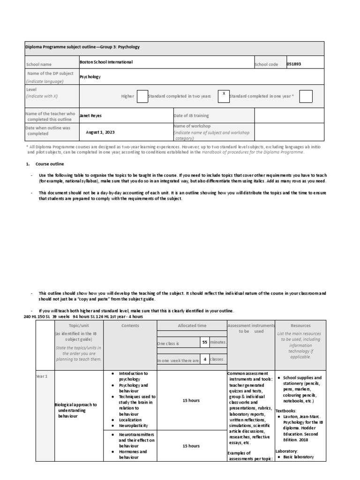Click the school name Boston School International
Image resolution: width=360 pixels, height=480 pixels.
click(106, 62)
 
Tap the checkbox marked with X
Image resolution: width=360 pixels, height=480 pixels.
click(224, 96)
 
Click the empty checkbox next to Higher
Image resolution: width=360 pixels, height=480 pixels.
click(142, 96)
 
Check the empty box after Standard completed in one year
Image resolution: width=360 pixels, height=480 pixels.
click(306, 96)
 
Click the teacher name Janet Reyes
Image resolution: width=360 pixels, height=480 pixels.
click(91, 115)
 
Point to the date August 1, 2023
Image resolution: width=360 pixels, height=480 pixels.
click(100, 132)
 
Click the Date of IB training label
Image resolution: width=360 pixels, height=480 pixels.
click(191, 115)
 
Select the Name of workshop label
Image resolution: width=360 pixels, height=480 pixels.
click(192, 126)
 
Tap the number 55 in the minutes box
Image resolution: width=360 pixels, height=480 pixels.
click(204, 342)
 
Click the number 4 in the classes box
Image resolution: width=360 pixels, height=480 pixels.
click(204, 360)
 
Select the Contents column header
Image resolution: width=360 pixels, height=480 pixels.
click(130, 325)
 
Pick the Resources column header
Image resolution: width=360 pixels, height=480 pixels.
click(300, 325)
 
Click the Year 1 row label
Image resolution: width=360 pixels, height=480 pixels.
click(42, 376)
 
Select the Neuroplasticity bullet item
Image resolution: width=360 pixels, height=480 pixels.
click(133, 426)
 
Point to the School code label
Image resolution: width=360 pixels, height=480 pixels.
click(266, 64)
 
